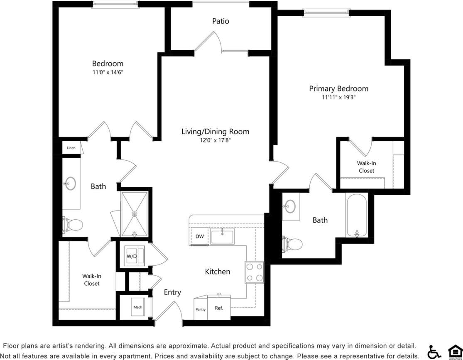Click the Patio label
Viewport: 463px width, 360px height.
[220, 21]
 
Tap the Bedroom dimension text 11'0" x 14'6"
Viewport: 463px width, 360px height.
[108, 72]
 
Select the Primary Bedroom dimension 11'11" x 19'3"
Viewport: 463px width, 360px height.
[338, 97]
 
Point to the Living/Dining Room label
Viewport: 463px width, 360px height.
[215, 132]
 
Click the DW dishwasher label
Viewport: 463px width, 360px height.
[199, 237]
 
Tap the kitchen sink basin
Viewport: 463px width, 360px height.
[222, 237]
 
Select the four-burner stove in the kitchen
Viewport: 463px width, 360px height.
[254, 272]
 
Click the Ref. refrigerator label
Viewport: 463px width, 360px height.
[219, 308]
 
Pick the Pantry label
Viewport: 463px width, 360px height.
[201, 309]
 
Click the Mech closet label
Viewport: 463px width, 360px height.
[138, 308]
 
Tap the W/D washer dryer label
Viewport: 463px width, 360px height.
[132, 256]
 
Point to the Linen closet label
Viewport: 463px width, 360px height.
[71, 148]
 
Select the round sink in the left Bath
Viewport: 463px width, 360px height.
[70, 183]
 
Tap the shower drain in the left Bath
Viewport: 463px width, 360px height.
[134, 214]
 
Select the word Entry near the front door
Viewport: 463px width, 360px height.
[172, 292]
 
